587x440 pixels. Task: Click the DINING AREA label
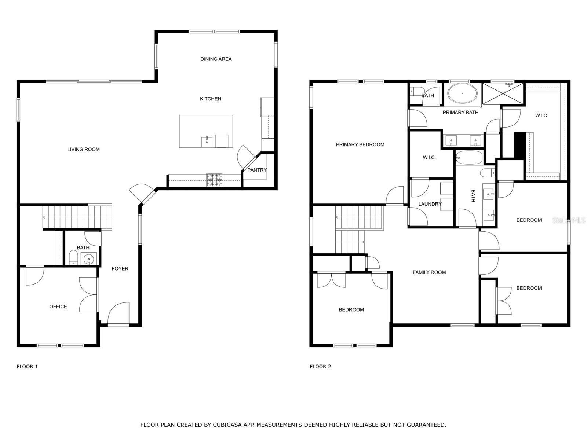point(216,59)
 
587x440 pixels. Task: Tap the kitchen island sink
point(207,142)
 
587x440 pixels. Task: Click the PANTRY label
point(257,170)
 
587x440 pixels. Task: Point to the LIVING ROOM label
point(83,149)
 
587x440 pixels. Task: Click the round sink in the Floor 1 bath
point(88,259)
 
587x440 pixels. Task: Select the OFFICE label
point(58,307)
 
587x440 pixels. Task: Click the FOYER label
point(120,269)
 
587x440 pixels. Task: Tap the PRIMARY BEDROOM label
point(360,144)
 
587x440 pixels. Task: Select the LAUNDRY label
point(430,204)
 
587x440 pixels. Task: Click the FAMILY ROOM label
point(429,272)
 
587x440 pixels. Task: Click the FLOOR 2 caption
point(320,367)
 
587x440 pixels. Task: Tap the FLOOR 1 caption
point(27,367)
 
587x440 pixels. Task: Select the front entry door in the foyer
point(119,315)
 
